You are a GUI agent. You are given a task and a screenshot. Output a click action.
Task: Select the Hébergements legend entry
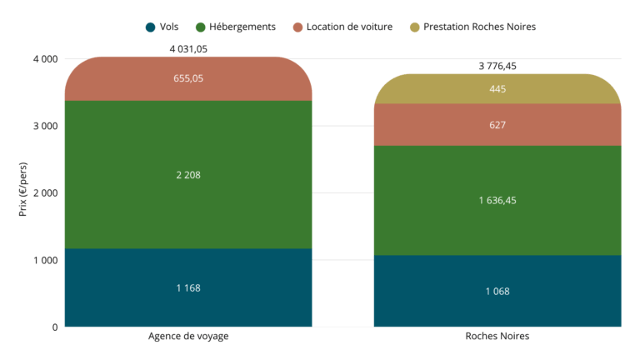point(236,27)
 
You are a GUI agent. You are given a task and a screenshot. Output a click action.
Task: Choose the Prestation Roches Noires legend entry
point(472,27)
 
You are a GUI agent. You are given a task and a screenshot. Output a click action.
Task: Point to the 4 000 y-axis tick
point(44,59)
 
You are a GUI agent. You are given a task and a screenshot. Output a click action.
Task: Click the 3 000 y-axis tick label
point(44,126)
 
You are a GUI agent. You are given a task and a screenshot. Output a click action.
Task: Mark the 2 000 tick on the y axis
point(44,193)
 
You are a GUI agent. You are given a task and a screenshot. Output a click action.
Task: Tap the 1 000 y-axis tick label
point(44,260)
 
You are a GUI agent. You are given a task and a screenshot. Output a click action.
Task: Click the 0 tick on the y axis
point(54,327)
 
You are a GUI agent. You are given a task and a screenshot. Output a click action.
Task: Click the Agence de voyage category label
point(188,337)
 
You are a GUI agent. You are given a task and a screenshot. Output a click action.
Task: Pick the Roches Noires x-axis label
point(497,337)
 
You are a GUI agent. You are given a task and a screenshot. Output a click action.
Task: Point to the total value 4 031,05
point(188,49)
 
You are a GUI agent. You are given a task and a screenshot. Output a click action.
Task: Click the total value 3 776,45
point(497,66)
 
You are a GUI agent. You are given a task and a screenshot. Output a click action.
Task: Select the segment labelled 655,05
point(188,78)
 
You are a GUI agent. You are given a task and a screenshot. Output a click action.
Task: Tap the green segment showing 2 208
point(188,175)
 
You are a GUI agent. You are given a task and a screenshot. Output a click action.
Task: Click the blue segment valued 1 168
point(188,287)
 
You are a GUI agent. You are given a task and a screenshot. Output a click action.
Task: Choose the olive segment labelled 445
point(497,89)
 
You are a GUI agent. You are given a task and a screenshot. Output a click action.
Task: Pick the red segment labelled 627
point(497,125)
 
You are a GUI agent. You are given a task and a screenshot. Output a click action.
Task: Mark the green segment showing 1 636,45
point(497,200)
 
